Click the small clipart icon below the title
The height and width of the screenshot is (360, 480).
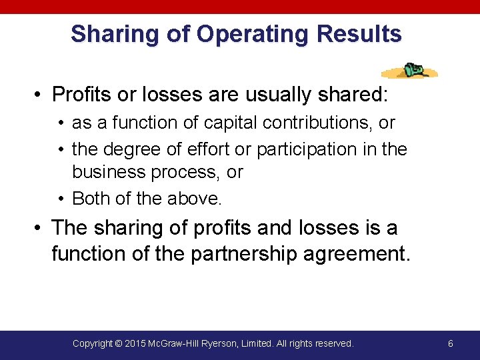(409, 71)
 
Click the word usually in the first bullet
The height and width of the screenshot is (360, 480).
(279, 95)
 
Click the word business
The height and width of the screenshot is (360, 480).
(109, 172)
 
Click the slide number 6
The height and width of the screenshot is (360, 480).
(451, 343)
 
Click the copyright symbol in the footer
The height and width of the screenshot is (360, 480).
(118, 343)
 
